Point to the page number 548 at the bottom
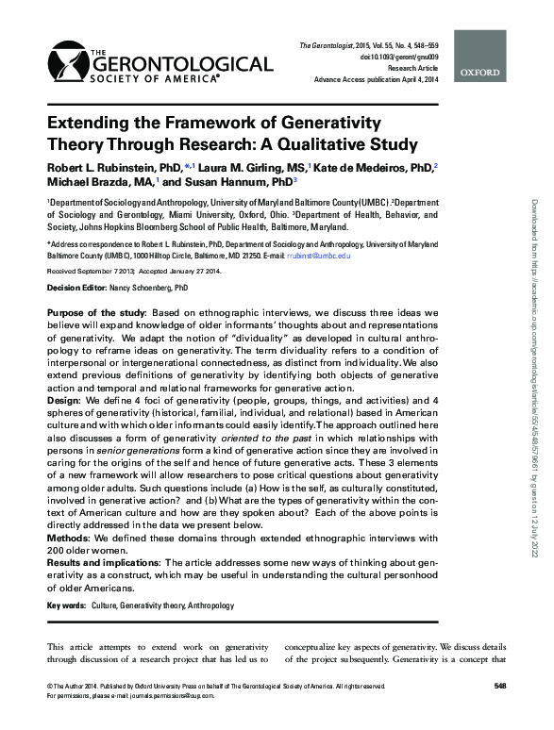pyautogui.click(x=500, y=685)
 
